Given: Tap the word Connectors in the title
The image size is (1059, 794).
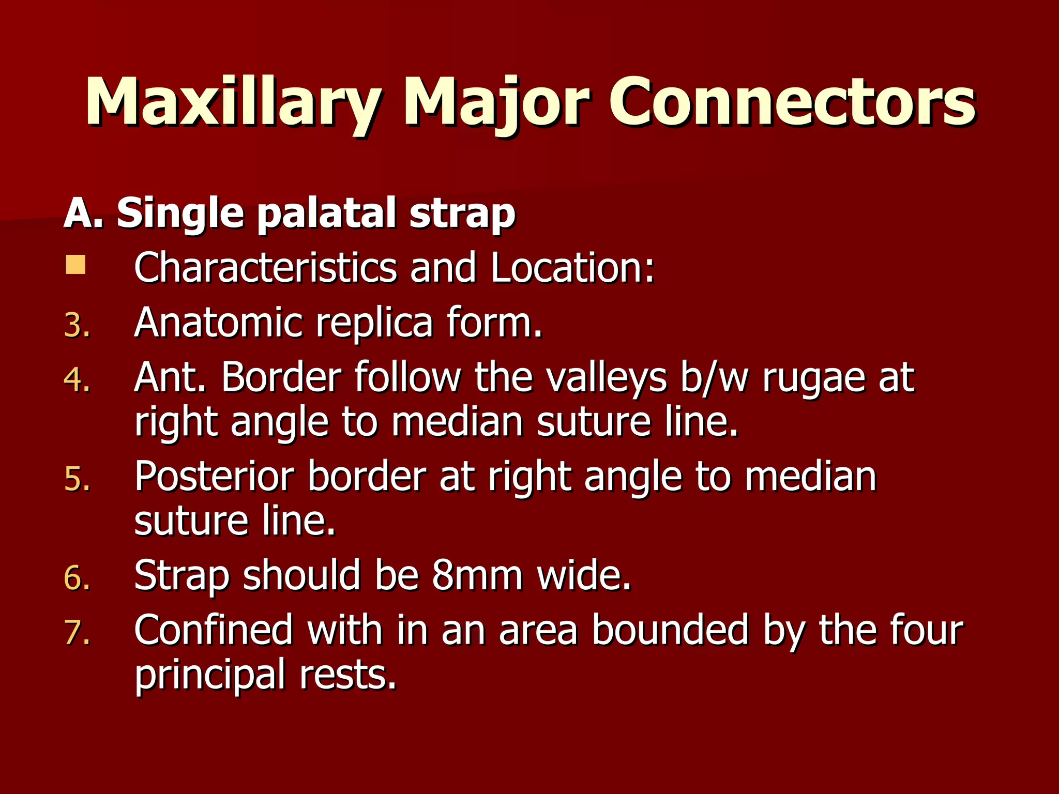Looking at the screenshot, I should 791,102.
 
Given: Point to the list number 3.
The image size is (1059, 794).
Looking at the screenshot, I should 77,326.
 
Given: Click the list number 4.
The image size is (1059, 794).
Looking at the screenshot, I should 77,380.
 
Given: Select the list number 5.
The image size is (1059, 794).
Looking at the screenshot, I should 77,479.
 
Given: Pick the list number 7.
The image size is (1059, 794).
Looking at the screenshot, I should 77,632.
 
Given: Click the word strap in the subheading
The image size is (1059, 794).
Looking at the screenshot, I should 462,213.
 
